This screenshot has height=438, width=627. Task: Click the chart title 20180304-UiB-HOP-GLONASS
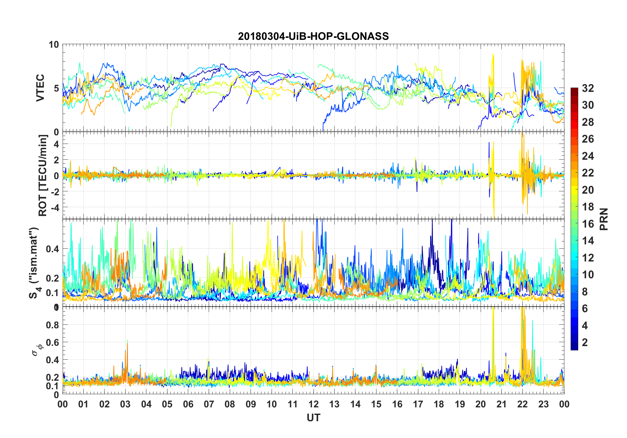(x=313, y=36)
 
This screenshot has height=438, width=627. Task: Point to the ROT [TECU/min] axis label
(x=43, y=175)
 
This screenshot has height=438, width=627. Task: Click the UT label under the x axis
(x=313, y=418)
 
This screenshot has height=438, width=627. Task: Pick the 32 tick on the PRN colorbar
(x=588, y=88)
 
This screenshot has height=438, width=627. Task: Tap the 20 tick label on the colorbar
(x=588, y=190)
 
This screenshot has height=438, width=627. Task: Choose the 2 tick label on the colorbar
(x=585, y=342)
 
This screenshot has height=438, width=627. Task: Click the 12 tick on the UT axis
(x=313, y=404)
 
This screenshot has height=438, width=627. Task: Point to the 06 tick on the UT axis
(x=188, y=404)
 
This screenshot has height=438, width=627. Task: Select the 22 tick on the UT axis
(x=522, y=404)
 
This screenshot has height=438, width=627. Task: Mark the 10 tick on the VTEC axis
(x=54, y=45)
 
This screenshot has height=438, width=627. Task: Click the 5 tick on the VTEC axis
(x=56, y=88)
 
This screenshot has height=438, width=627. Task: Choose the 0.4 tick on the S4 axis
(x=53, y=249)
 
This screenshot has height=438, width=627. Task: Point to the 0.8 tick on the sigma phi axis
(x=53, y=325)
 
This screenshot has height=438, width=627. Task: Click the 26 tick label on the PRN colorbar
(x=588, y=139)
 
